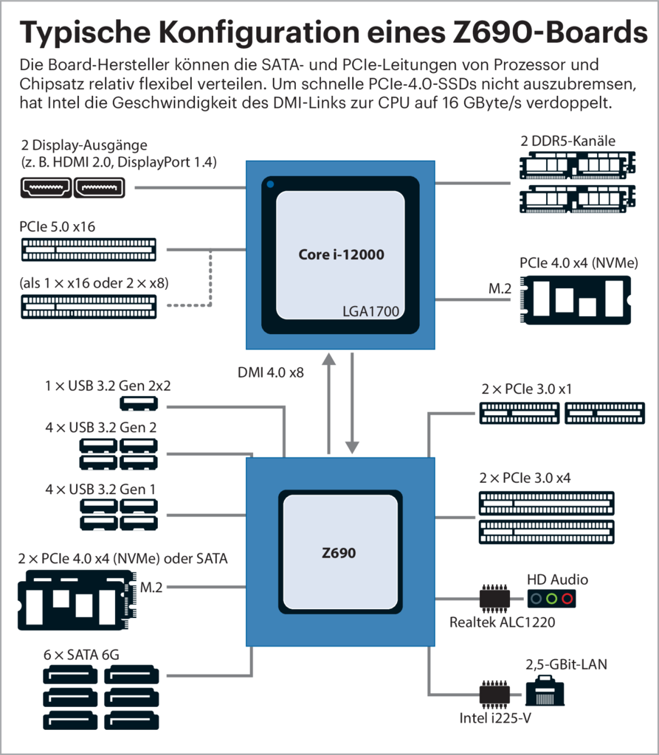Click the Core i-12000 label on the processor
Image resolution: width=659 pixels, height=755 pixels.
point(342,255)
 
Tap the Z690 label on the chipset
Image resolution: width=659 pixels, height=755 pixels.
point(338,552)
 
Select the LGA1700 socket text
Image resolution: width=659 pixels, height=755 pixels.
point(370,311)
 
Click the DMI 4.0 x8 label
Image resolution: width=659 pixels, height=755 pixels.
point(272,373)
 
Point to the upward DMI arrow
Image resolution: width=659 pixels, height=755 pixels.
point(328,402)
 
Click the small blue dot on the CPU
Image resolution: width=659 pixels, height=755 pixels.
point(271,184)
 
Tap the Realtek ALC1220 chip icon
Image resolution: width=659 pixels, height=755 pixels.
point(495,598)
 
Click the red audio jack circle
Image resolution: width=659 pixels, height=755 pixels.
point(566,598)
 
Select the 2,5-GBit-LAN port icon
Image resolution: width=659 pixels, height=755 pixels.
point(545,694)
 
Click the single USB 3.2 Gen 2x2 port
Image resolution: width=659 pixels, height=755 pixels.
point(139,403)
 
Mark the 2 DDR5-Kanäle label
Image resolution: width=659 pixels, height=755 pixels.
point(567,141)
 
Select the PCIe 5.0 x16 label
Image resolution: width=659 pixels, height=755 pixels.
point(57,226)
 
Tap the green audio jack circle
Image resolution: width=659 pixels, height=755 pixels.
point(551,598)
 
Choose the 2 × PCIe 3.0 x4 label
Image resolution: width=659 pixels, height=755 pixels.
point(525,478)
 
